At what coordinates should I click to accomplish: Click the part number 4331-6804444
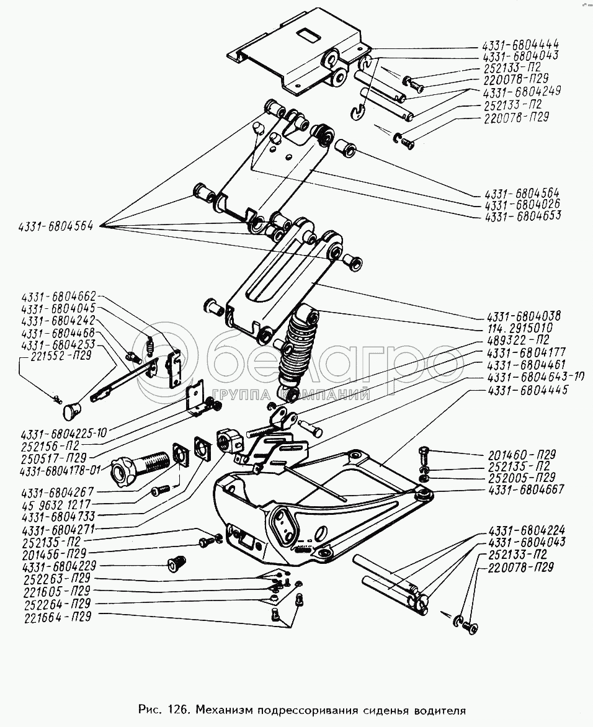coord(520,45)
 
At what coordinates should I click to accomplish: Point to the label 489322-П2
coord(520,340)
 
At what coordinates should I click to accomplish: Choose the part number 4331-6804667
coord(526,489)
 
